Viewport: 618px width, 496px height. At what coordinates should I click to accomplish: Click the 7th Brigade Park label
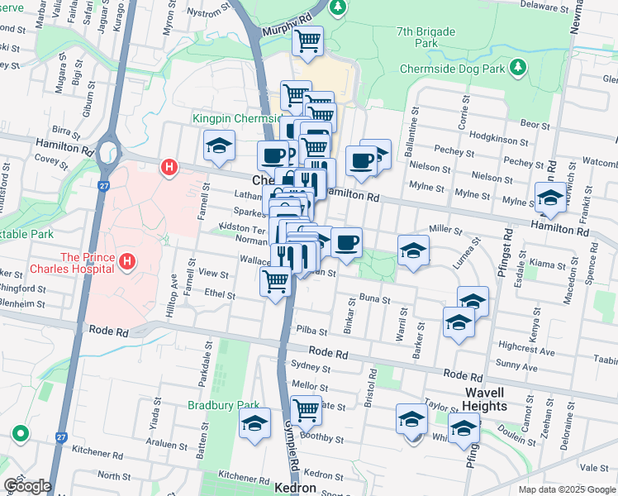point(425,36)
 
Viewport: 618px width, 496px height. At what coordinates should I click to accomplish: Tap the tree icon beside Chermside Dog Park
point(517,65)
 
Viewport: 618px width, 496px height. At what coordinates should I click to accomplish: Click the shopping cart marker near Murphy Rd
point(307,41)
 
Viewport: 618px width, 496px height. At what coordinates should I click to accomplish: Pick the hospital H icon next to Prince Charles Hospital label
point(126,263)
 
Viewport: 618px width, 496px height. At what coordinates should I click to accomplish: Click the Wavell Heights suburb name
point(485,399)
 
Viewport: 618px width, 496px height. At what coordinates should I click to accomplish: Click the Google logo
point(26,486)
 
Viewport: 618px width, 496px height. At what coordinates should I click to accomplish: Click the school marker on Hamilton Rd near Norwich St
point(550,198)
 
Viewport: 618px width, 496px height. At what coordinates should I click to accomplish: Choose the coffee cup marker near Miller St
point(346,242)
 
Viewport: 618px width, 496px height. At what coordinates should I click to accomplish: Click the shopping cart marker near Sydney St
point(307,409)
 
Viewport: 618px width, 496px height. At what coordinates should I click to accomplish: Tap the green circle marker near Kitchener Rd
point(20,433)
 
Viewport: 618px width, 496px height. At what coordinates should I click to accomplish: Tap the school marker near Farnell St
point(218,146)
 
